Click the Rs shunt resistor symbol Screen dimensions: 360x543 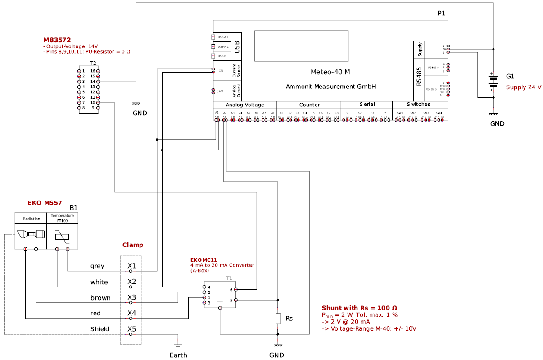(278, 318)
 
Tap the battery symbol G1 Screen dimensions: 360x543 (493, 82)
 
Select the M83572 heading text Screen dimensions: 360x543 (57, 40)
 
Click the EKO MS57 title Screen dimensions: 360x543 (45, 203)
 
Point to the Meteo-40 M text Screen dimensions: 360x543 (330, 72)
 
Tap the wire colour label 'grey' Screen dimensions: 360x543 (97, 266)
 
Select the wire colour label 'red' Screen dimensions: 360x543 (95, 313)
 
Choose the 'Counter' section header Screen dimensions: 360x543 (309, 105)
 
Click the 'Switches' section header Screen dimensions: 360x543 (418, 105)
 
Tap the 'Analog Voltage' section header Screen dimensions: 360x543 (245, 105)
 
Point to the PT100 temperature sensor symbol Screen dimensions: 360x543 (62, 236)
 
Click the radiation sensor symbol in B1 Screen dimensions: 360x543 (31, 235)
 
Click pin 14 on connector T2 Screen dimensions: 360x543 (98, 82)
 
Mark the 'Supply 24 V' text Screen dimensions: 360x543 (524, 87)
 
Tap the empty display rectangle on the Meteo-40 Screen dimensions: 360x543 (301, 46)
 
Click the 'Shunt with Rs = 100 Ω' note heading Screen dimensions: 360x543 (359, 308)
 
